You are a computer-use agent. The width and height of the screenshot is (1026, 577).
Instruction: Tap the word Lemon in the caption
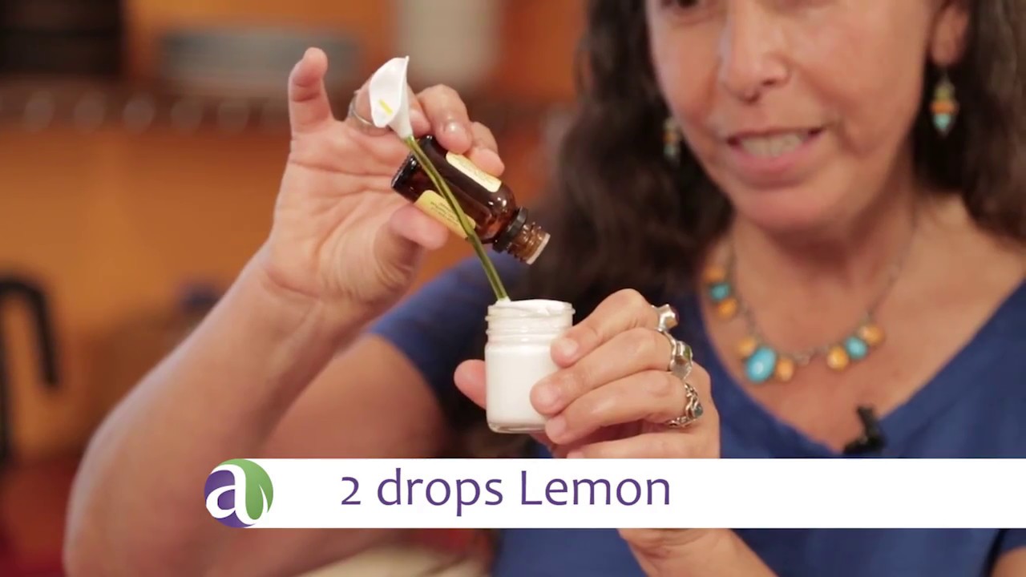click(x=596, y=490)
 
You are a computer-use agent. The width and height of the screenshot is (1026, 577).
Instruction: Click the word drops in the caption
click(x=440, y=491)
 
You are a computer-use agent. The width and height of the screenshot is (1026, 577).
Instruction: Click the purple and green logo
click(x=238, y=493)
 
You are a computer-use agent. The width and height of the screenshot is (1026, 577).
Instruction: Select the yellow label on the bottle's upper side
click(x=473, y=172)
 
